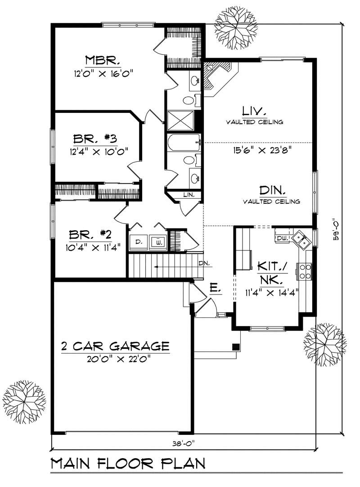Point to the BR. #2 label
coord(90,234)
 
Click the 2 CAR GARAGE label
coord(115,346)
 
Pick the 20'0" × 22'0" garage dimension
coord(115,358)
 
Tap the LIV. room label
coord(255,111)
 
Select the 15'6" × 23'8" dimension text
coord(255,151)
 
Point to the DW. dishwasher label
coord(282,238)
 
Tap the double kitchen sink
coord(301,240)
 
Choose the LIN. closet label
coord(188,195)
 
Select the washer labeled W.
coord(159,242)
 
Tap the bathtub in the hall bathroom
coord(182,144)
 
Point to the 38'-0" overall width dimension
coord(183,443)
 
